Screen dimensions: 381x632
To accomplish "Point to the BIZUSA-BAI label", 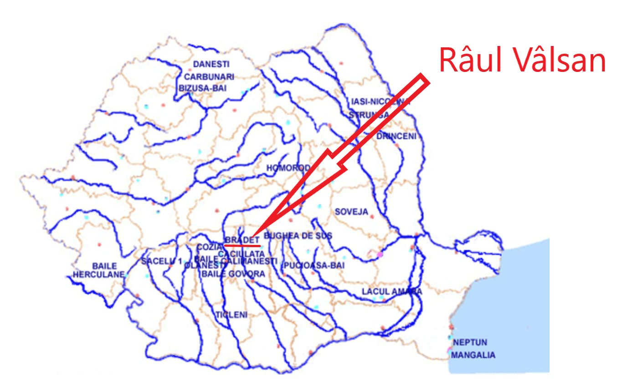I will pos(202,88).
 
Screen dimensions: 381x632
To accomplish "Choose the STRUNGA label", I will pos(369,115).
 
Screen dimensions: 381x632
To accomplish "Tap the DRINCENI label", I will pos(396,137).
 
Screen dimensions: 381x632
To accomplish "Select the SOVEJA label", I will pos(351,212).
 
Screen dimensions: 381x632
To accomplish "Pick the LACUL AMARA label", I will pos(391,291).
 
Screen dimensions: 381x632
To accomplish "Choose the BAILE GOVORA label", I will pos(233,274).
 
